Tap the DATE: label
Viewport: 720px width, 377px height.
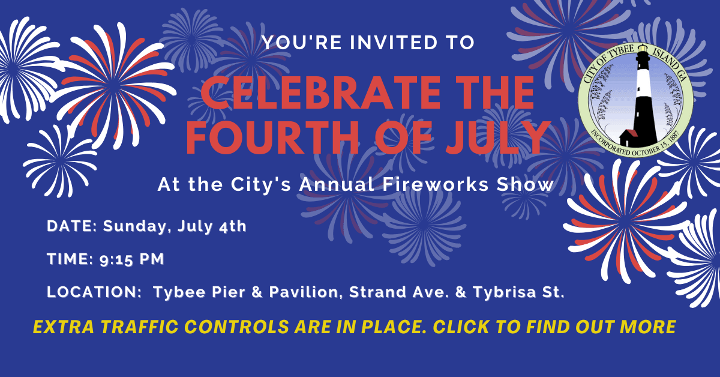[72, 227]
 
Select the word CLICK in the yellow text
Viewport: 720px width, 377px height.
[467, 327]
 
